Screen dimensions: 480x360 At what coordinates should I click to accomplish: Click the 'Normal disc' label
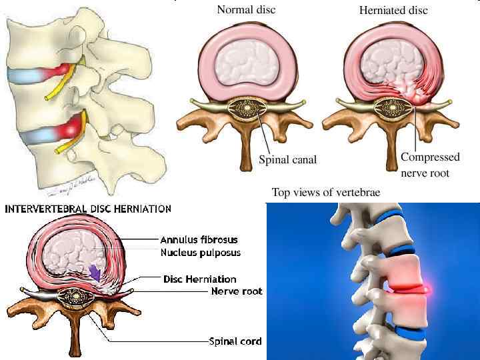click(x=246, y=10)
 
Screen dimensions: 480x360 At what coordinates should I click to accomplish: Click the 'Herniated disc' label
click(x=393, y=10)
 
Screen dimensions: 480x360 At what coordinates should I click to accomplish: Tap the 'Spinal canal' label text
click(x=287, y=160)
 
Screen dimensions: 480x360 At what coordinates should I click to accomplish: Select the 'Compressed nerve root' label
click(x=430, y=165)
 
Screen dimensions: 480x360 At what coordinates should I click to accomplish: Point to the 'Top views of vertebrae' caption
click(x=326, y=193)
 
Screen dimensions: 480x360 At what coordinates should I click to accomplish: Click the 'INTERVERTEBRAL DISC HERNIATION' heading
click(x=88, y=209)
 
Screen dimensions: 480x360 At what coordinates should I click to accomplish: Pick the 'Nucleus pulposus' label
click(x=200, y=253)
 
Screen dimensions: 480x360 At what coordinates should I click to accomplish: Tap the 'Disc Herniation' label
click(x=200, y=279)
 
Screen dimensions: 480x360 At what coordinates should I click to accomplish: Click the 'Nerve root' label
click(x=237, y=291)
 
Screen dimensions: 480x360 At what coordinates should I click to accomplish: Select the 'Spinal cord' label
click(x=235, y=341)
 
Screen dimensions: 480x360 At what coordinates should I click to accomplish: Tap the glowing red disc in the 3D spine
click(x=409, y=288)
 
